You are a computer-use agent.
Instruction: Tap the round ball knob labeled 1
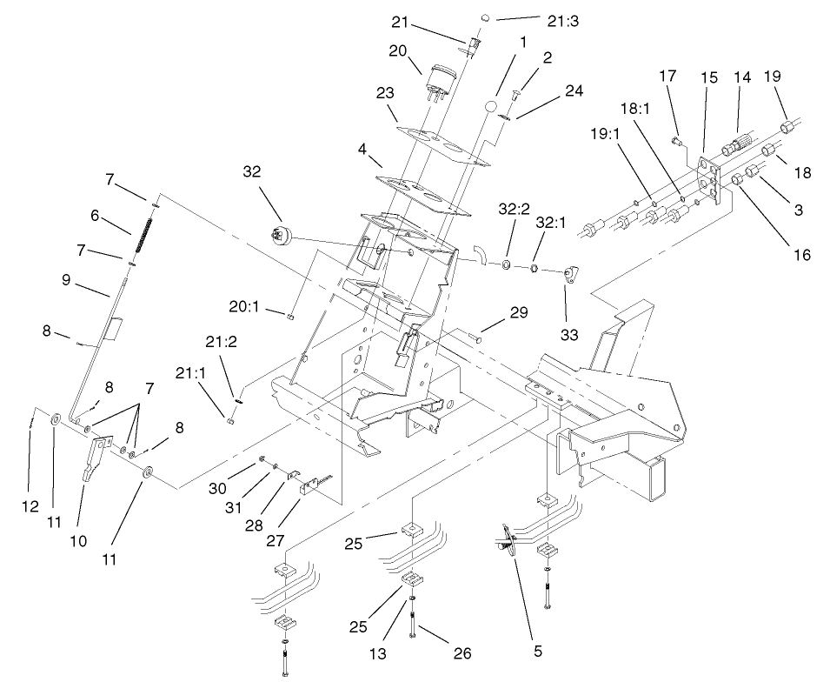click(x=490, y=106)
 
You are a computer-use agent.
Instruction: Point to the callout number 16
click(x=801, y=255)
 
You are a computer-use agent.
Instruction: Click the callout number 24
click(x=574, y=90)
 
